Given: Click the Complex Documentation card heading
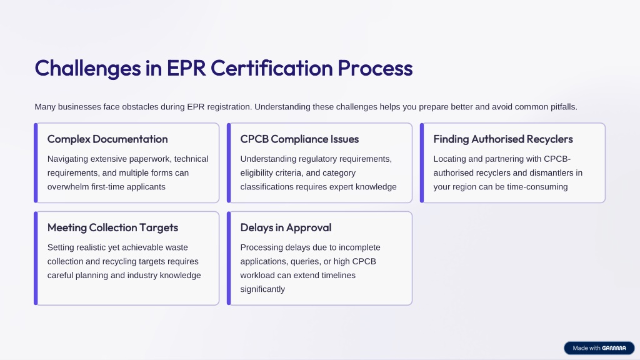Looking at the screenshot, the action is (107, 139).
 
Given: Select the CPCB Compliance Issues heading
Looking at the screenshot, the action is (299, 139).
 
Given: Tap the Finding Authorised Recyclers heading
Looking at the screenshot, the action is (503, 139).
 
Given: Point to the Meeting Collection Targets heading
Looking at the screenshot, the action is (112, 227).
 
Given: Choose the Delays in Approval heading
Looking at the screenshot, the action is (286, 227).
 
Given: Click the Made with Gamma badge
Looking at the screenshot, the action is (599, 348).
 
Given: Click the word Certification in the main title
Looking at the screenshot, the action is (271, 67).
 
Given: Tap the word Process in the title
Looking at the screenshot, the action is (375, 68).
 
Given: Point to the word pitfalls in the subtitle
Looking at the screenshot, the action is (564, 107).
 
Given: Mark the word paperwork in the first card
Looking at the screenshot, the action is (151, 159).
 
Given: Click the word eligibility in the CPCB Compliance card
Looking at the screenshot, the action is (256, 173).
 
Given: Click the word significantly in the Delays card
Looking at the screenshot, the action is (262, 289).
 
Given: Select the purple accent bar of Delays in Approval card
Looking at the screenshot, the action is (229, 258).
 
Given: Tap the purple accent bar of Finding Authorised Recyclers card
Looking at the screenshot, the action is (422, 163).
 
